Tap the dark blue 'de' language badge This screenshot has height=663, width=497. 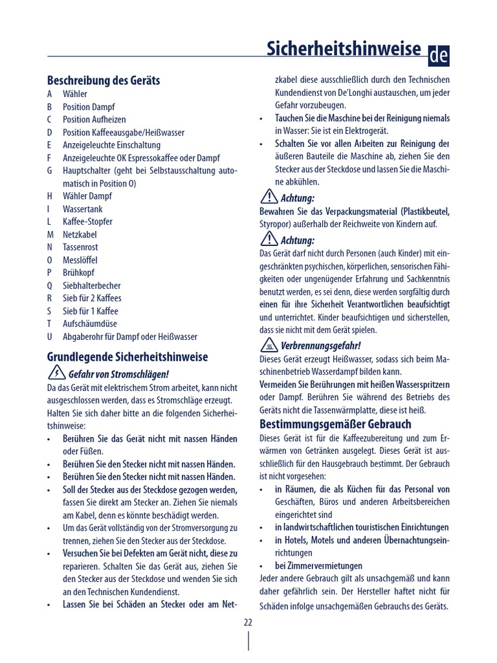point(438,56)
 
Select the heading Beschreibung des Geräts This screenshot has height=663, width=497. point(104,81)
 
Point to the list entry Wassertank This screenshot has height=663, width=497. point(82,209)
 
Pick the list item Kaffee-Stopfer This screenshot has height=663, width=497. point(87,221)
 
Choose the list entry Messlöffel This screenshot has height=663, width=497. point(80,260)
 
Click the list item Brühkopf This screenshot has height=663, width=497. point(78,273)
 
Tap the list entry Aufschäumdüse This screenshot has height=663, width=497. point(85,324)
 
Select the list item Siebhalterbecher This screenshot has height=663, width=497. point(91,286)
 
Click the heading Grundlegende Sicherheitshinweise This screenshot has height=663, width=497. point(127,357)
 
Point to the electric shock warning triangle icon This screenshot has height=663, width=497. point(56,373)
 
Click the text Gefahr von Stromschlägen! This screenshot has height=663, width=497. point(118,374)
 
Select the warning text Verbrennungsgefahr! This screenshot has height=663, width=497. point(320,346)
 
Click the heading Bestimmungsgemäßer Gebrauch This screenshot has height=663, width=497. point(335,425)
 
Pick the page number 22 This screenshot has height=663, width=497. point(248,622)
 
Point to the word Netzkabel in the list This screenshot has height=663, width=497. point(80,234)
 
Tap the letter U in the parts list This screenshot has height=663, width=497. point(50,337)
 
